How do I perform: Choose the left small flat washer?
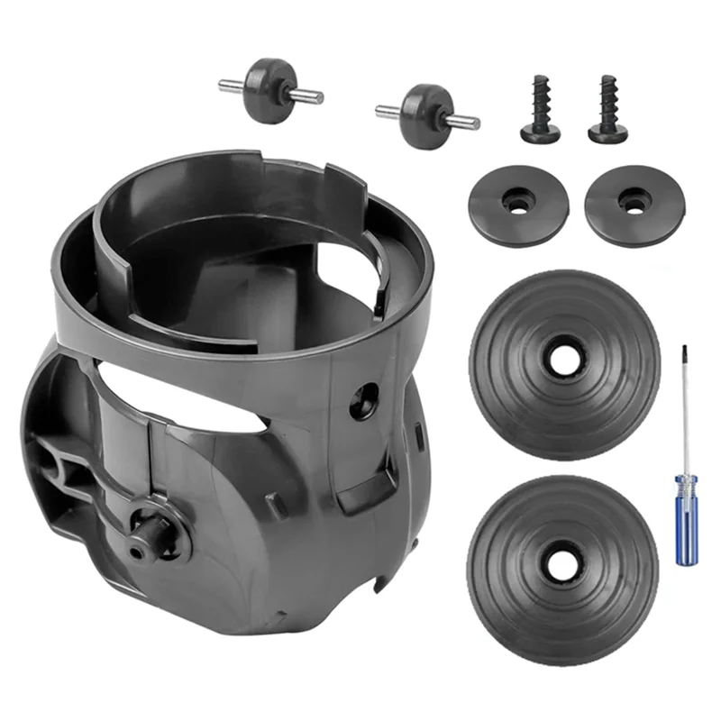516,204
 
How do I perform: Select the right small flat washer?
633,204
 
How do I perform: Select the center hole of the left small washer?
516,204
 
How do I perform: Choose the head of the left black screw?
540,132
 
